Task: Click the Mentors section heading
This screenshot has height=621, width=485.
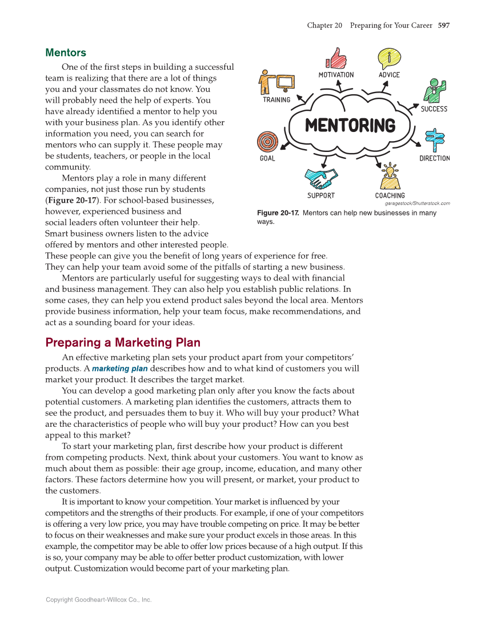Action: point(66,53)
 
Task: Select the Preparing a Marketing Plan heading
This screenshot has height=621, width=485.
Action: point(123,343)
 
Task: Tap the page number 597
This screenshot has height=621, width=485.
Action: point(444,25)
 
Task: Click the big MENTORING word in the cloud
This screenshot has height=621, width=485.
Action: point(350,125)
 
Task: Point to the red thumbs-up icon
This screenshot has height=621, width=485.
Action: point(336,58)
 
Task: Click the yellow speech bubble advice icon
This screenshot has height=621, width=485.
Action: point(389,58)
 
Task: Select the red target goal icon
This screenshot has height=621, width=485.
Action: point(267,142)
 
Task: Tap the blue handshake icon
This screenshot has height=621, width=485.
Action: point(321,178)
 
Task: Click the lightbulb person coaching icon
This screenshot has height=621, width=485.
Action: point(390,177)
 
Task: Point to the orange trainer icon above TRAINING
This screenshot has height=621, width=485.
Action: point(276,82)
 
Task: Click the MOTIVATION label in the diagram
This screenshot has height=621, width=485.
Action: point(336,75)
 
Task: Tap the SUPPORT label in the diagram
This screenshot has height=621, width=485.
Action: point(321,195)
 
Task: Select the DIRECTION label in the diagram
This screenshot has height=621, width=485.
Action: point(434,158)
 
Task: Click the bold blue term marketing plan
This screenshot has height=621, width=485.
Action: point(120,368)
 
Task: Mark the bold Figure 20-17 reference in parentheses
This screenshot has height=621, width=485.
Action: point(70,200)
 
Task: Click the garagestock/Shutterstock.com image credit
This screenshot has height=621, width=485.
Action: point(417,203)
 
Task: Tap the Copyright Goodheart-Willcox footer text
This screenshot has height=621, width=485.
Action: point(98,600)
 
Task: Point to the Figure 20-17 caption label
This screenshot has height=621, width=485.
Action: point(278,213)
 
